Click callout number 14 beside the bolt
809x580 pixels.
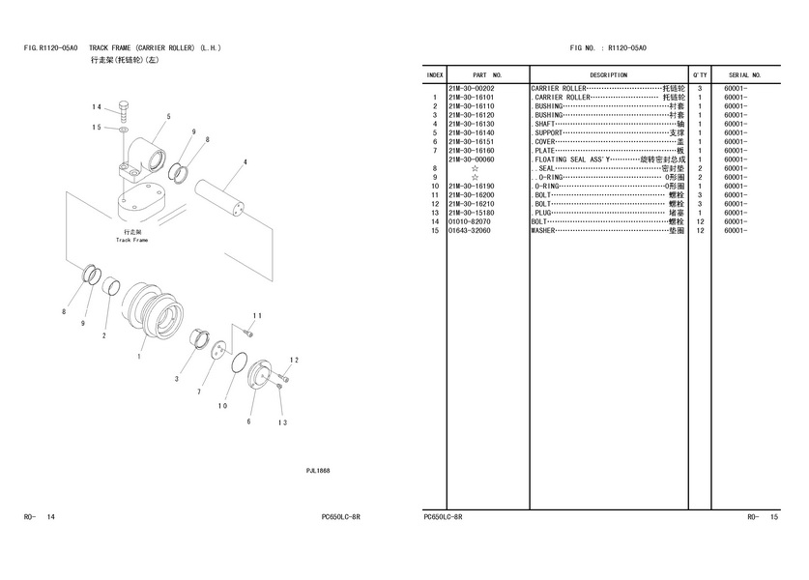[97, 106]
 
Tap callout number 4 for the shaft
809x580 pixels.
[245, 161]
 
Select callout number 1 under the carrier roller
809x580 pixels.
[139, 356]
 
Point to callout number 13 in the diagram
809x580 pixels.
[282, 422]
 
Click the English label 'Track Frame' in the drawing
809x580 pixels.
[131, 240]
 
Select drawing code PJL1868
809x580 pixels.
[318, 471]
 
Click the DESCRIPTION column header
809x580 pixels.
[608, 74]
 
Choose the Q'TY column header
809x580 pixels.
[700, 74]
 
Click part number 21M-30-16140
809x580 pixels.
[472, 132]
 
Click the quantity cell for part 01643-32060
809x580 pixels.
[700, 231]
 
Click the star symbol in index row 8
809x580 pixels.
[475, 168]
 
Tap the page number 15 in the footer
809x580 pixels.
[774, 518]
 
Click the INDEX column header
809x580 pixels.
[435, 74]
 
